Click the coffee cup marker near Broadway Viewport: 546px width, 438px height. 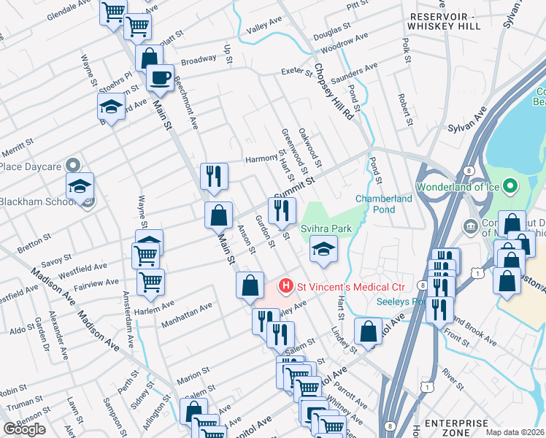(160, 77)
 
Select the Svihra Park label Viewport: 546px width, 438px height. (326, 228)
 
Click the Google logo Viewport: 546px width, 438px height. (25, 429)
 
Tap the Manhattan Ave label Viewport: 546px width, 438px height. (188, 312)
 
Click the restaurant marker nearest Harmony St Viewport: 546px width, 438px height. (214, 176)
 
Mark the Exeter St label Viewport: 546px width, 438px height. (298, 72)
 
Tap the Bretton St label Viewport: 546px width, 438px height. (34, 238)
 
